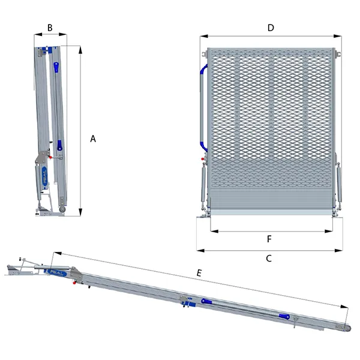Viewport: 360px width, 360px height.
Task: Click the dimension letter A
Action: pos(93,139)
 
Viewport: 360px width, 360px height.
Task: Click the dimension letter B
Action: pos(50,28)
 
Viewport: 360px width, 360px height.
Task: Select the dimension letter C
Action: pos(269,258)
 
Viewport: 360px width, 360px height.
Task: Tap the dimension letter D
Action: pos(271,28)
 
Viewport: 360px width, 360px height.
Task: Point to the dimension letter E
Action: pos(199,273)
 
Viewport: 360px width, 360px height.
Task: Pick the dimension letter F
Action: pos(269,239)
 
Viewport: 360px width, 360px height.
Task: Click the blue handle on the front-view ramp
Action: pos(202,108)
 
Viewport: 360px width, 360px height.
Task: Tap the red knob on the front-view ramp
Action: pos(203,159)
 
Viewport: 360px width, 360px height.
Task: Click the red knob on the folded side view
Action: pos(50,157)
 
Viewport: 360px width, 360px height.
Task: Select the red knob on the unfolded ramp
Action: pos(74,283)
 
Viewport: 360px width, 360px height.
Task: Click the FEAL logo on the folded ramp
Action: pos(44,176)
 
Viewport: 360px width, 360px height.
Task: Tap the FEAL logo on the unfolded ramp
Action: pos(57,272)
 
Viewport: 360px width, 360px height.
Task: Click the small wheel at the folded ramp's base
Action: pos(62,209)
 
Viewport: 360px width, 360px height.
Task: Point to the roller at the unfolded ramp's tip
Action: pos(347,328)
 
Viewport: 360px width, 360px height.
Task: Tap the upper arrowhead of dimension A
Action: pos(80,50)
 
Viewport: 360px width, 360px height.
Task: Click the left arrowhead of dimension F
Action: pos(214,231)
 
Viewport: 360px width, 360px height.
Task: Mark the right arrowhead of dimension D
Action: pos(337,36)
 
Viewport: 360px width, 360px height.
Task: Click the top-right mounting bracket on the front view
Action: pos(337,54)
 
